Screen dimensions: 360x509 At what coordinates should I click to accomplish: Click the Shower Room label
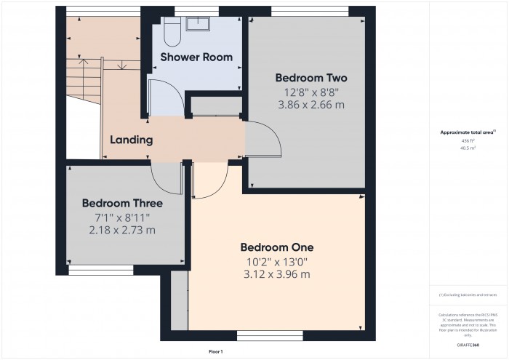click(186, 57)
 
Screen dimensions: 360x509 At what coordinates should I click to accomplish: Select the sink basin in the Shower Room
click(198, 23)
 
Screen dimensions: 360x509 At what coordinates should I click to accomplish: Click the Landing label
click(131, 140)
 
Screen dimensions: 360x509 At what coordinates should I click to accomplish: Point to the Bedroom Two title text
click(310, 78)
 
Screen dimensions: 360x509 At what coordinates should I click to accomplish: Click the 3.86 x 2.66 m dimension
click(310, 105)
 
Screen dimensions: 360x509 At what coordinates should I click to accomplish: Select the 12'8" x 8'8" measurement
click(310, 92)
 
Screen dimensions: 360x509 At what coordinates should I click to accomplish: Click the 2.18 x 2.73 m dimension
click(121, 230)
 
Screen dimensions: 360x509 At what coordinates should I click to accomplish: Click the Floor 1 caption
click(215, 351)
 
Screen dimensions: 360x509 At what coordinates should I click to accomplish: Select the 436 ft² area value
click(464, 140)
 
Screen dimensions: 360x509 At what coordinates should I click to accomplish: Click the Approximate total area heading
click(463, 132)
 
